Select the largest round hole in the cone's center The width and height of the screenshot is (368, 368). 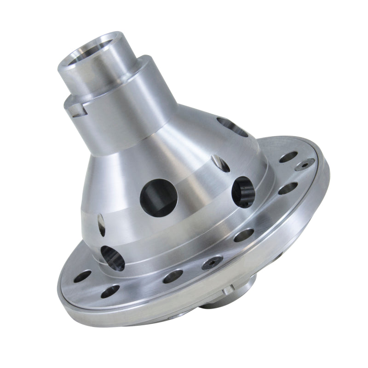point(159,196)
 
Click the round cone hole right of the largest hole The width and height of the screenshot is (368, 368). point(243,191)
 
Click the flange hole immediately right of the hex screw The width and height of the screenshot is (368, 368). point(243,235)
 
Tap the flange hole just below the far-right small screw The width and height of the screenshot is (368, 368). point(288,188)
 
